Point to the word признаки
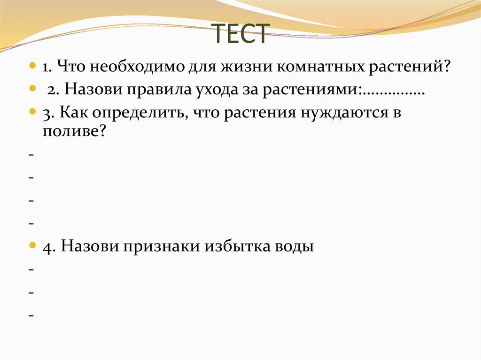[x=162, y=246]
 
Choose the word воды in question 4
[x=292, y=246]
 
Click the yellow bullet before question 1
[x=32, y=65]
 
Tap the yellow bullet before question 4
[x=32, y=245]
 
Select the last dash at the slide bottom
[x=31, y=316]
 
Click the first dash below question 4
[x=31, y=270]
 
